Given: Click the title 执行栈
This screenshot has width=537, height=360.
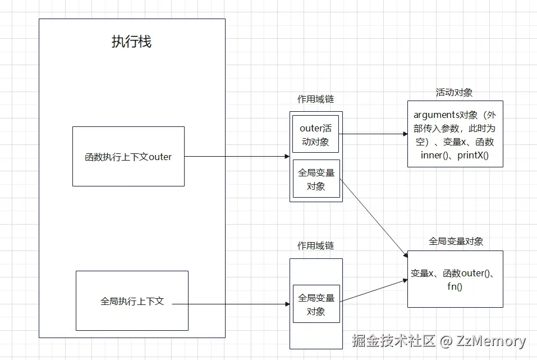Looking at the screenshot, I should pos(131,42).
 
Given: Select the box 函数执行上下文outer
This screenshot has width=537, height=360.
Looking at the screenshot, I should pos(128,157).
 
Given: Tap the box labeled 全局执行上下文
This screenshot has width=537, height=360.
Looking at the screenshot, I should pos(132,301).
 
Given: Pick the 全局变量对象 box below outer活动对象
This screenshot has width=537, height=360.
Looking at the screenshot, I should pos(316,179).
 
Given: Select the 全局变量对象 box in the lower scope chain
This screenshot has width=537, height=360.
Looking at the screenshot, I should pos(316,304).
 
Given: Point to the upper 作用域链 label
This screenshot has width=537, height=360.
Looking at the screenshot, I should pos(315,99).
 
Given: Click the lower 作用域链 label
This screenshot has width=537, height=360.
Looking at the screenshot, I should pos(315,246).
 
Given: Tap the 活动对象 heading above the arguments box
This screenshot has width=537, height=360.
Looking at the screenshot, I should pos(454,92).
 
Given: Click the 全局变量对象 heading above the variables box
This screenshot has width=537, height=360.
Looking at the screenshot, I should pos(456,241).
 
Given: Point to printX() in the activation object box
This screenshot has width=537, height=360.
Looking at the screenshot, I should pos(472,155).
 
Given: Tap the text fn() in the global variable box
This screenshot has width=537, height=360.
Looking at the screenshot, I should pos(455,286).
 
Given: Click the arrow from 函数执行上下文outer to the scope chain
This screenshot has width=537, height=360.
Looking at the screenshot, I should pos(236,157).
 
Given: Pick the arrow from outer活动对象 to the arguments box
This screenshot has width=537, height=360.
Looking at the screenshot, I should pos(373,134).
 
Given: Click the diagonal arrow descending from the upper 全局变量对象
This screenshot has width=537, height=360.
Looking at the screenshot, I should pos(373,218).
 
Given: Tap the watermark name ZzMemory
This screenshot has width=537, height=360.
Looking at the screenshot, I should pos(491,341).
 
